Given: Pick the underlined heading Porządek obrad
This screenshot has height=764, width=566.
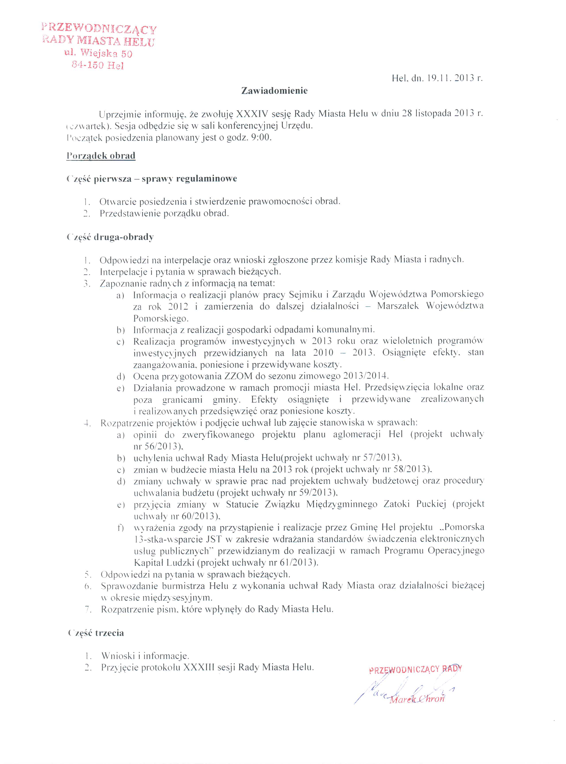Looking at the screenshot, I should pyautogui.click(x=101, y=156).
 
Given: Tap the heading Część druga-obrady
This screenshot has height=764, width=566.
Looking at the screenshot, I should pyautogui.click(x=110, y=237).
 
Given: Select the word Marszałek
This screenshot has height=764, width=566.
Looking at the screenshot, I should pyautogui.click(x=398, y=306).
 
